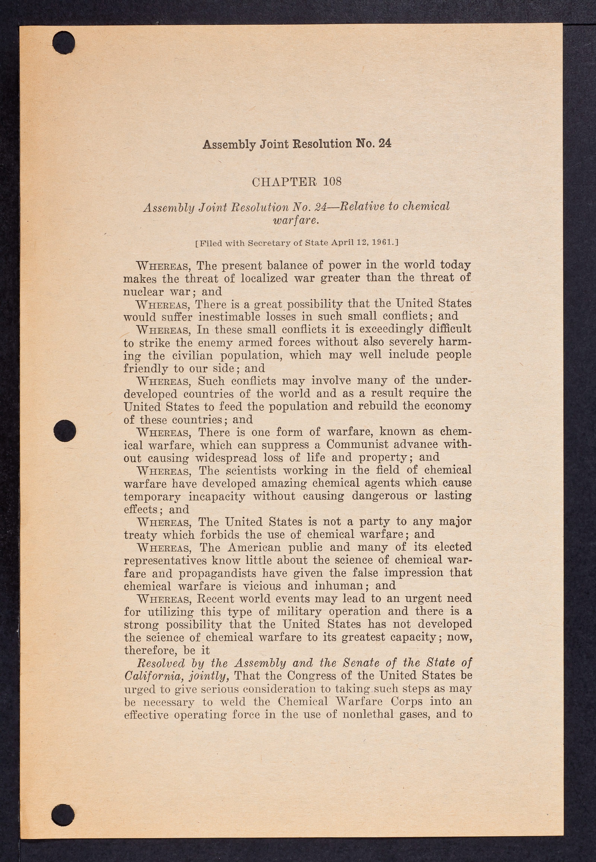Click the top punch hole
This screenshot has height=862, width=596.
[63, 42]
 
